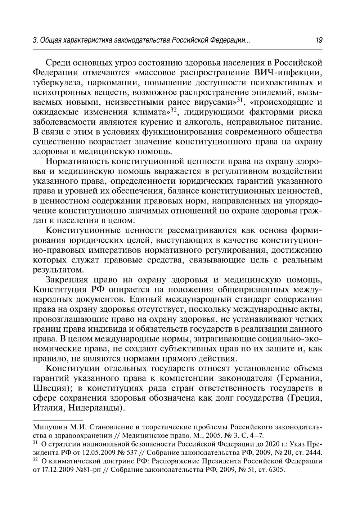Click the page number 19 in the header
coord(319,40)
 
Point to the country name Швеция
coord(51,389)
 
